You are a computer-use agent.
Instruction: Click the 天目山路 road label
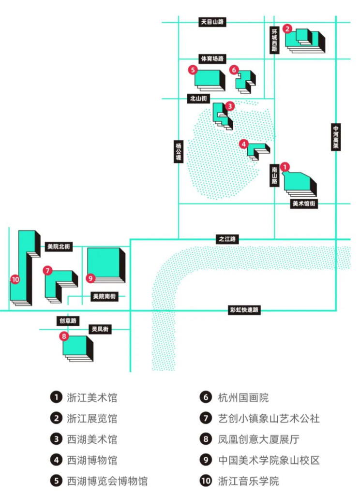pos(213,22)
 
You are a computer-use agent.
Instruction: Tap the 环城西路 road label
pos(274,39)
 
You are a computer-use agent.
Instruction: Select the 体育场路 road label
pos(213,59)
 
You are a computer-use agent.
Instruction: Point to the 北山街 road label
pos(198,99)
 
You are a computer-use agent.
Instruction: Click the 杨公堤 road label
pos(179,151)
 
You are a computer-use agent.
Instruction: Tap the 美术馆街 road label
pos(304,204)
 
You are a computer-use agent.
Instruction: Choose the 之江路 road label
pos(226,239)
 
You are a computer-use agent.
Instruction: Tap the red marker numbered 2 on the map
pos(287,29)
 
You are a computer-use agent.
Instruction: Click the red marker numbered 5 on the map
pos(193,70)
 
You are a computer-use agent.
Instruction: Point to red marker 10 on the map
pos(15,279)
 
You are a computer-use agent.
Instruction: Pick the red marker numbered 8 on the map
pos(63,335)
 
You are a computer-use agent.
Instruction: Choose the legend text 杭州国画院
pos(242,398)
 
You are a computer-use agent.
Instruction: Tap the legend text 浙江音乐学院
pos(248,481)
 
